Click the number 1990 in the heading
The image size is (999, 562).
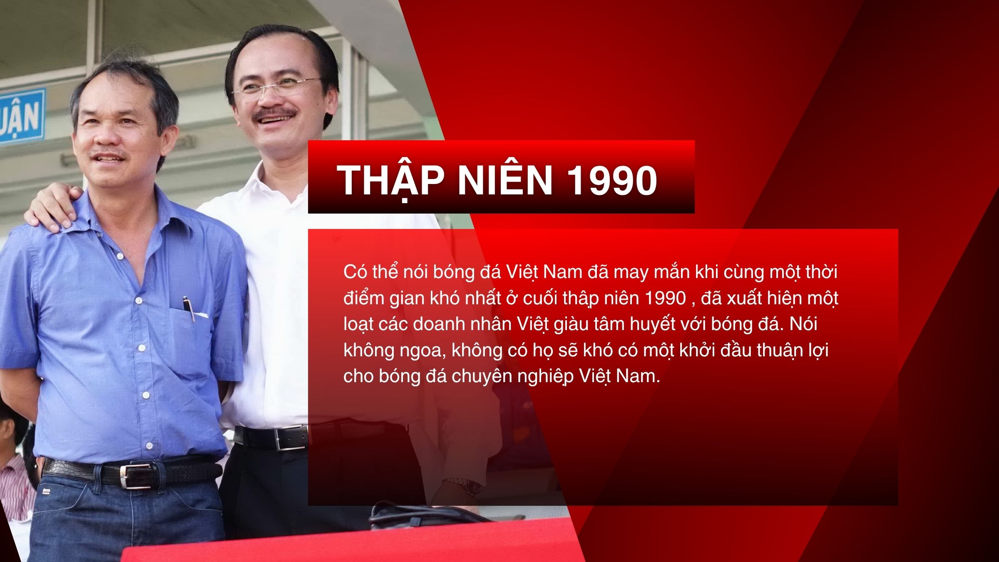click(x=612, y=180)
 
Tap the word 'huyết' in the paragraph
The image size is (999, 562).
click(x=652, y=325)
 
